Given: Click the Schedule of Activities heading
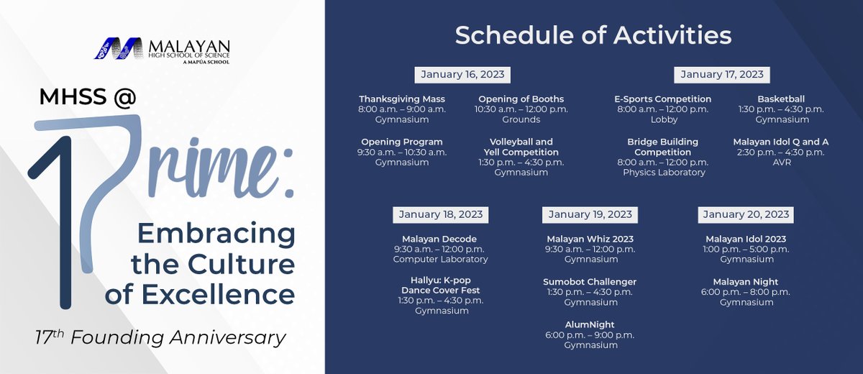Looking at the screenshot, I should point(593,35).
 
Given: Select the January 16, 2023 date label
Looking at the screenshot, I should point(462,75).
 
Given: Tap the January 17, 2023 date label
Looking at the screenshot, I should point(722,75).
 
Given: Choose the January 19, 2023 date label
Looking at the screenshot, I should point(590,214).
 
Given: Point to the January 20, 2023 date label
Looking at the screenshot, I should point(746,214).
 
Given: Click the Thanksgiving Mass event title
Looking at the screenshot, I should point(402,99).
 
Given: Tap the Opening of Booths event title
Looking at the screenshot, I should point(521,99).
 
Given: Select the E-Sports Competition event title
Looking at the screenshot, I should point(662,99).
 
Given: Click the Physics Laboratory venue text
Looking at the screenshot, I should point(664,173).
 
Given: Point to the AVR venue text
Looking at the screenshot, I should point(781,163).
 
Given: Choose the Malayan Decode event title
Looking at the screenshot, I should point(439,239).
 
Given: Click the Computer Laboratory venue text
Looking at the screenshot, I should point(440,259).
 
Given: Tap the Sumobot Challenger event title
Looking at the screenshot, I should point(590,282).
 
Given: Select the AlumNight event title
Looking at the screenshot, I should point(590,325).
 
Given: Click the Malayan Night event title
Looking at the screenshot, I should point(746,282).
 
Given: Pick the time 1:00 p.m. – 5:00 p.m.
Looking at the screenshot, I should point(746,249).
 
